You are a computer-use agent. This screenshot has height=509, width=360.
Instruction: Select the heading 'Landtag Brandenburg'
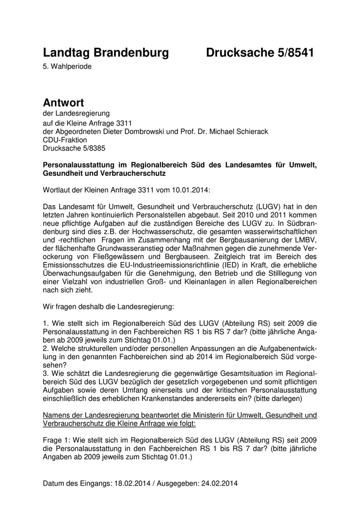[x=106, y=52]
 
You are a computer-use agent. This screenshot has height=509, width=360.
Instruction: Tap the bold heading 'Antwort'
[x=63, y=103]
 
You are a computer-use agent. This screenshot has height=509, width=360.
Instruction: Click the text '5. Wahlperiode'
[x=67, y=66]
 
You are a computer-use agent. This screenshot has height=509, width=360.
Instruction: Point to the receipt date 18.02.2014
[x=117, y=484]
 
